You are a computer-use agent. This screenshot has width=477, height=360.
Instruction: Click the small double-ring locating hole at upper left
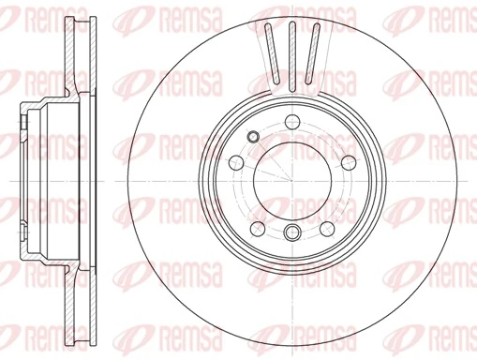pyautogui.click(x=251, y=139)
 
